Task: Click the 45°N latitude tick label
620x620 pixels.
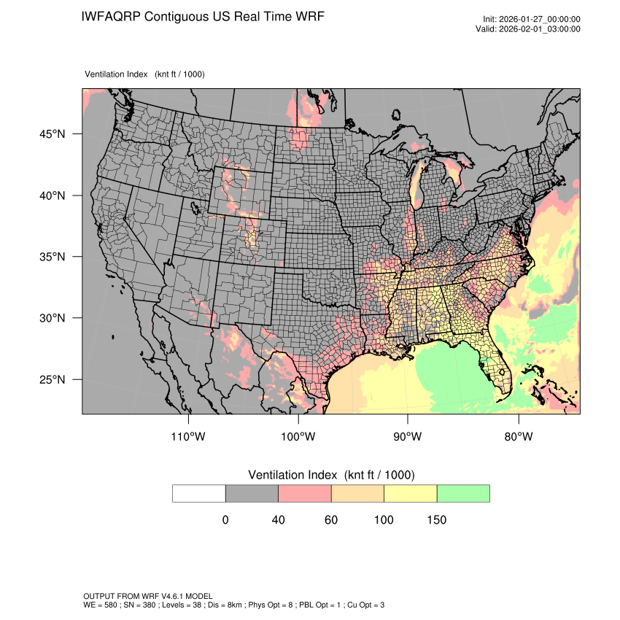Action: tap(53, 134)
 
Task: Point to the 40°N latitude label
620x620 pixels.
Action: tap(53, 195)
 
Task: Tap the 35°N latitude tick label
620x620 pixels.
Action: tap(53, 257)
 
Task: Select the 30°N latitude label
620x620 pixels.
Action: tap(53, 318)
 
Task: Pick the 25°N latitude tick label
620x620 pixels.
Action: tap(53, 379)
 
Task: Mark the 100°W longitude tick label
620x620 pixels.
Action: tap(298, 437)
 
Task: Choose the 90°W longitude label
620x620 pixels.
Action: tap(408, 437)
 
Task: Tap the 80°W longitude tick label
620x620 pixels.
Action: tap(518, 437)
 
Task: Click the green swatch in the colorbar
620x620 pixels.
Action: tap(463, 493)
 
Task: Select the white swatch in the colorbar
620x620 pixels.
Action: tap(199, 493)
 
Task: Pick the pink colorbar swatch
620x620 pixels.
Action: tap(305, 493)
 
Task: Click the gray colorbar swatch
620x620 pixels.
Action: tap(252, 493)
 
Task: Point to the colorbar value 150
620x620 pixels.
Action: tap(437, 520)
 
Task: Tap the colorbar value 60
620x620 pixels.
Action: tap(331, 520)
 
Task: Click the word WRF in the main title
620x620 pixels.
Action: tap(309, 17)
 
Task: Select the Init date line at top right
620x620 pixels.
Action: tap(532, 20)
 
